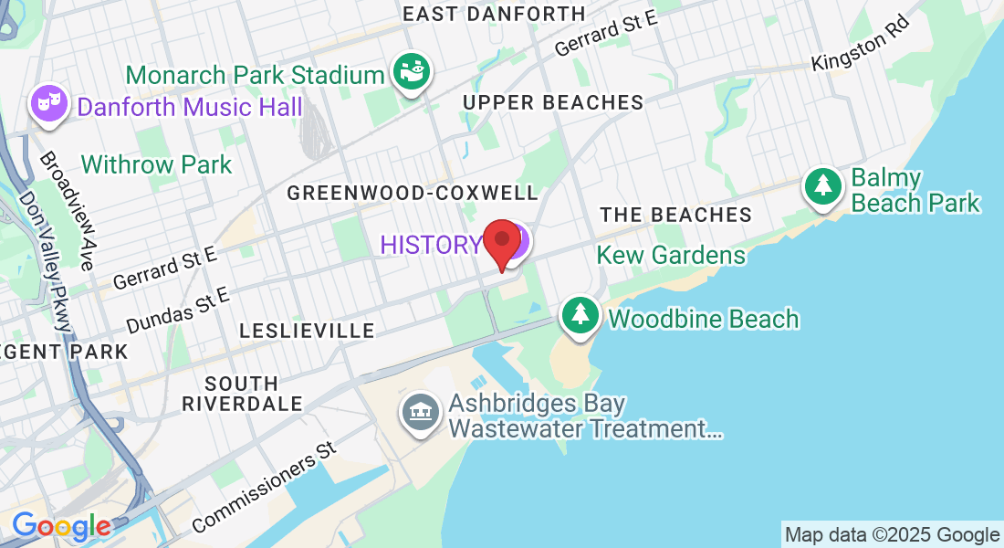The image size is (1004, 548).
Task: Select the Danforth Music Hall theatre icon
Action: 49,104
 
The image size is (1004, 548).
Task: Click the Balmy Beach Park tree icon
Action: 823,188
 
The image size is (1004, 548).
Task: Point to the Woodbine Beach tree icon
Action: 580,316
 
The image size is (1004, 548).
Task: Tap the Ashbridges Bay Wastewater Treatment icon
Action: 422,414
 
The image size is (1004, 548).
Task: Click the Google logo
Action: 61,526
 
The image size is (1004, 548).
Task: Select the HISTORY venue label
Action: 430,245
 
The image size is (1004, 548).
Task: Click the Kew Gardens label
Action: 671,255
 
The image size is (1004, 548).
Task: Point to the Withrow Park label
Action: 156,165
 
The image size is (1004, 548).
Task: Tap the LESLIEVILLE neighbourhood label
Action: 307,331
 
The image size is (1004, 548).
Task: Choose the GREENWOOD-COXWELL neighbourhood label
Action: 413,193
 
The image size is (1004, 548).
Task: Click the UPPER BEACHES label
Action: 553,102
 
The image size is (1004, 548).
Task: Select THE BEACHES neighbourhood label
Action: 675,215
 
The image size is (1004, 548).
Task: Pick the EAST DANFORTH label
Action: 494,14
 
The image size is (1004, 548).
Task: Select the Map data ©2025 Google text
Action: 892,535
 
